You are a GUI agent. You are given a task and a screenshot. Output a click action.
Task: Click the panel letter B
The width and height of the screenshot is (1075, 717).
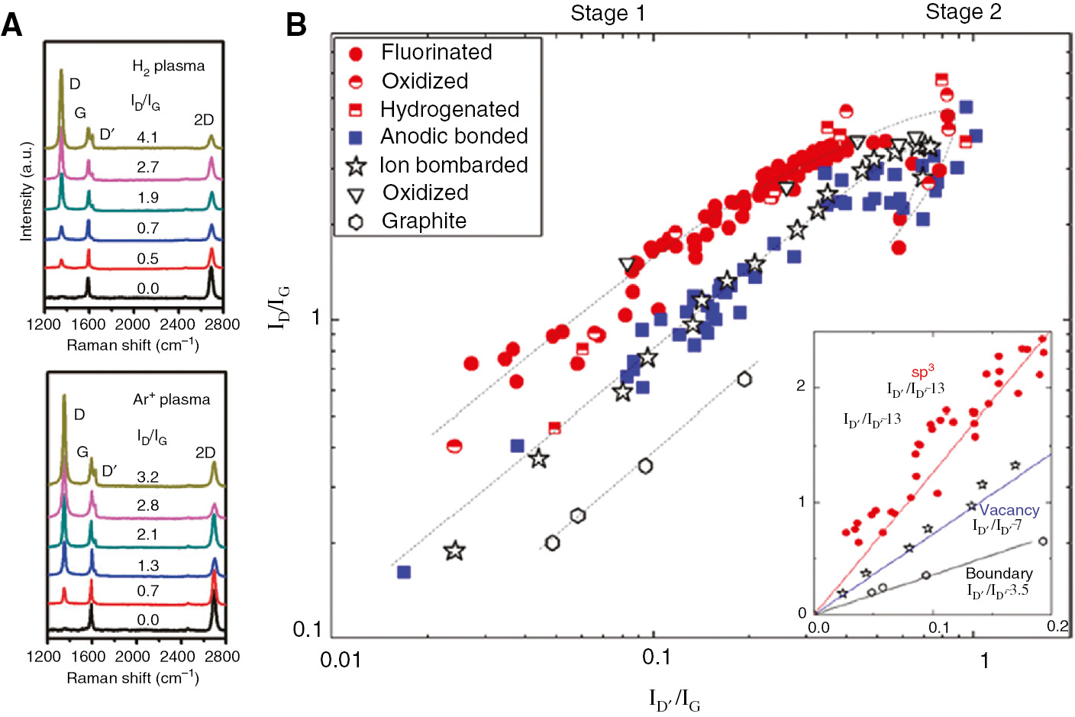(x=296, y=24)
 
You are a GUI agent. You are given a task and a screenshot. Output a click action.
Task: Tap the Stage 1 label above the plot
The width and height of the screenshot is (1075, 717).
(x=607, y=14)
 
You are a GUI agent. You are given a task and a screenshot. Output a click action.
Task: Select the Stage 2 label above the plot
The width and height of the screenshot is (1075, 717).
(x=963, y=12)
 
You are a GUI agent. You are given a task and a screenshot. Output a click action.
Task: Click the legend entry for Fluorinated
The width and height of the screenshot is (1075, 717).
(x=436, y=53)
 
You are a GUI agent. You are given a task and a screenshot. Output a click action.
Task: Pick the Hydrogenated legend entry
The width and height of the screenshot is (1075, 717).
(x=449, y=109)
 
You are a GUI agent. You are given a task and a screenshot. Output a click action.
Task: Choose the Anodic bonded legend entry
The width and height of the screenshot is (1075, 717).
(x=454, y=137)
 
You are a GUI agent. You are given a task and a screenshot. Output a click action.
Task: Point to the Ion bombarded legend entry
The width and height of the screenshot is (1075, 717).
(x=453, y=165)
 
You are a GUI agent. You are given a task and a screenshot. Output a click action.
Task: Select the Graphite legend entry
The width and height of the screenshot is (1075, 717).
(x=424, y=221)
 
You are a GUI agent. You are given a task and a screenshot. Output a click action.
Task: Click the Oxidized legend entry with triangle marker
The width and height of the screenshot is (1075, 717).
(x=425, y=192)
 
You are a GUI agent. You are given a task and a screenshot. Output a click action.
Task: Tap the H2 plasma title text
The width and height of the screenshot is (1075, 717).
(x=168, y=66)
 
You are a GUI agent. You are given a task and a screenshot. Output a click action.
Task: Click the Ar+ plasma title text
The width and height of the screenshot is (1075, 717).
(x=171, y=399)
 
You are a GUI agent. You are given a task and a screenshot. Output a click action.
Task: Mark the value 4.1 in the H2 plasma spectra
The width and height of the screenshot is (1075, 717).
(x=147, y=137)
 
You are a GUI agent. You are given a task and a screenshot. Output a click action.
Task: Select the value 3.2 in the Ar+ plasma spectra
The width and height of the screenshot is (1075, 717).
(x=147, y=477)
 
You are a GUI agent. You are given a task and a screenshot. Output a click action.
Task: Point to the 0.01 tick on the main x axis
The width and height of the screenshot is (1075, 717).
(x=341, y=659)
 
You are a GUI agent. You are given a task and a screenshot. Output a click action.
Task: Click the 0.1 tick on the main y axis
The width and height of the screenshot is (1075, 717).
(x=308, y=630)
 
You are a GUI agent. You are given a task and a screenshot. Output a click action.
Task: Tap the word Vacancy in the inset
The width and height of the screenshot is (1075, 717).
(x=1009, y=510)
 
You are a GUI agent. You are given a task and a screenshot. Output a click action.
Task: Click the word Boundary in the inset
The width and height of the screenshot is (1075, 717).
(x=999, y=573)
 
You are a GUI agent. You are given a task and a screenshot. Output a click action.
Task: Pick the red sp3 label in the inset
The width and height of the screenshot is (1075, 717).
(x=922, y=372)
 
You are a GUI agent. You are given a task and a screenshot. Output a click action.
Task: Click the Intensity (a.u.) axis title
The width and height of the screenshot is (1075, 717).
(x=27, y=192)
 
